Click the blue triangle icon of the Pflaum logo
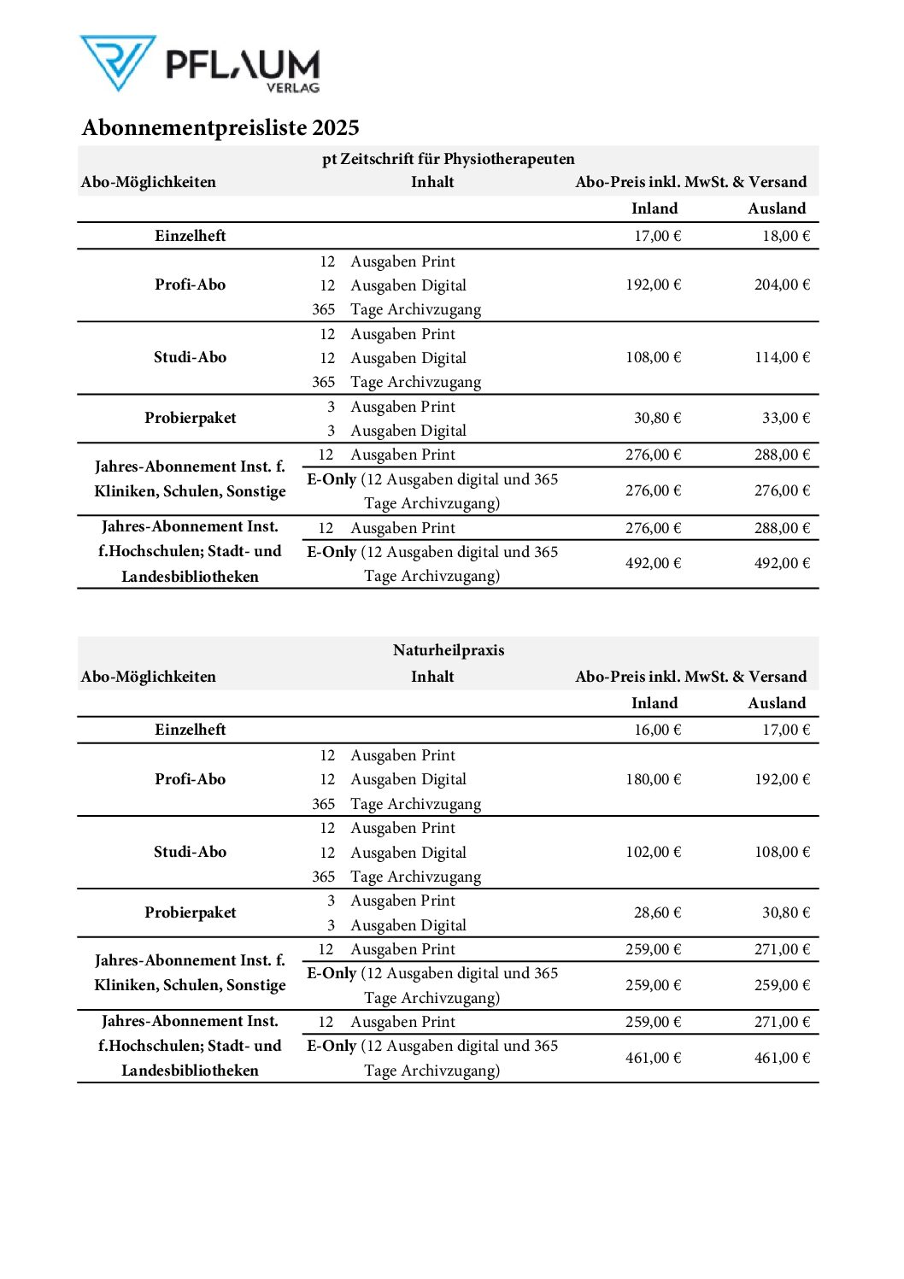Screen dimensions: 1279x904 (118, 62)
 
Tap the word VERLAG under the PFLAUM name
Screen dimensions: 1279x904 (292, 87)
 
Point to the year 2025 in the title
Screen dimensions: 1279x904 (335, 128)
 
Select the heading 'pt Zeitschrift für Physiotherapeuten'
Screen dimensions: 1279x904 (448, 159)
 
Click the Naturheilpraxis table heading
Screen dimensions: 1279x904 (448, 650)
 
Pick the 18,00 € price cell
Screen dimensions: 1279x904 (785, 236)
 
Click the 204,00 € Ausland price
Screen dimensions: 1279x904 (781, 285)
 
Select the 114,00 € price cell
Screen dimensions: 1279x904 (781, 357)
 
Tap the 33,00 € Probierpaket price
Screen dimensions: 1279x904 (785, 418)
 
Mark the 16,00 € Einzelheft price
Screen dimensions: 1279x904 (657, 730)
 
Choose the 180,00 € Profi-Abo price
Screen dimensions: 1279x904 (653, 779)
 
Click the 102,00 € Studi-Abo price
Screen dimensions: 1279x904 (653, 852)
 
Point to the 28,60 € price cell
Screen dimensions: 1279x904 (657, 912)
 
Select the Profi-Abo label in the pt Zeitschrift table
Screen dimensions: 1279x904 (190, 285)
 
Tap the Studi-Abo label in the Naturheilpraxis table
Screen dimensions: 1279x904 (190, 852)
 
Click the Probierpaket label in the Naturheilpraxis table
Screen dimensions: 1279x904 (190, 912)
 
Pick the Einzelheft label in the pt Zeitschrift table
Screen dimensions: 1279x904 (190, 236)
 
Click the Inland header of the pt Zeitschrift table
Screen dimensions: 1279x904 (654, 208)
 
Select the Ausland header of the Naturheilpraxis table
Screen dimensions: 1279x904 (777, 703)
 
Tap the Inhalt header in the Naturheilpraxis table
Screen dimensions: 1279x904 (432, 677)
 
